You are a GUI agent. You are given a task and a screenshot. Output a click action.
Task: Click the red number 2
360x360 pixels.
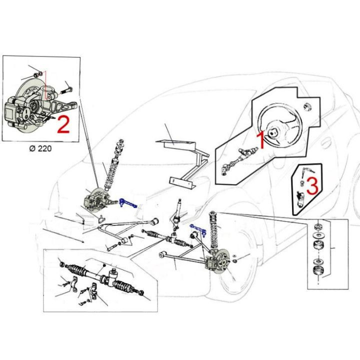pyautogui.click(x=63, y=124)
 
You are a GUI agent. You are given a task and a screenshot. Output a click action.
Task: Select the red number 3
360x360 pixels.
pyautogui.click(x=312, y=185)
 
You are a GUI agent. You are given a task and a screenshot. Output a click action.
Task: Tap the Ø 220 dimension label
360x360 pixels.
pyautogui.click(x=40, y=148)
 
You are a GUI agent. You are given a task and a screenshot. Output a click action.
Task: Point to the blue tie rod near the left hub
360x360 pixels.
pyautogui.click(x=127, y=203)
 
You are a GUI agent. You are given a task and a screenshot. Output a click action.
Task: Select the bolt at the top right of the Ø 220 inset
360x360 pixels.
pyautogui.click(x=66, y=90)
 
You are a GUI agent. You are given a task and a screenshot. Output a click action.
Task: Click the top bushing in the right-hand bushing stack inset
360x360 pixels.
pyautogui.click(x=318, y=227)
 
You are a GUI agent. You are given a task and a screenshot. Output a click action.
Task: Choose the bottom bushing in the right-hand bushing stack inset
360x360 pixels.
pyautogui.click(x=317, y=271)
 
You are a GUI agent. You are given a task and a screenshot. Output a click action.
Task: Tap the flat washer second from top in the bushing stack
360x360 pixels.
pyautogui.click(x=318, y=235)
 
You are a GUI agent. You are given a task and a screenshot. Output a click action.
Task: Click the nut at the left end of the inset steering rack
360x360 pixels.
pyautogui.click(x=62, y=264)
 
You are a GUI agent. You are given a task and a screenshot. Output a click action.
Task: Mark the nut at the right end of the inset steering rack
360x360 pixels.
pyautogui.click(x=141, y=293)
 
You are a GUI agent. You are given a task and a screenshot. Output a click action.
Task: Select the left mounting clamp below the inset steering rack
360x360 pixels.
pyautogui.click(x=74, y=284)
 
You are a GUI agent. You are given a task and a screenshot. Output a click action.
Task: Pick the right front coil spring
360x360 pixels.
pyautogui.click(x=213, y=229)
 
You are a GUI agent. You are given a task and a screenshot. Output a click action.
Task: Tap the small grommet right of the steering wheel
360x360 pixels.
pyautogui.click(x=307, y=107)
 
